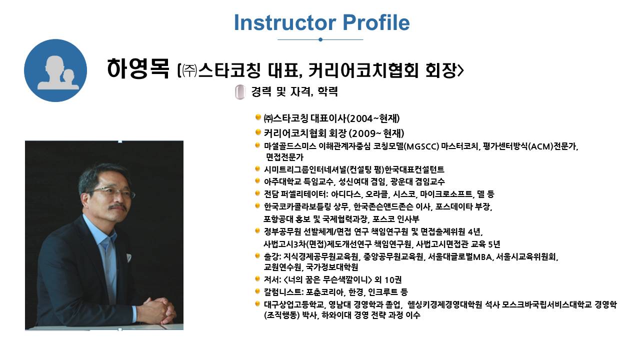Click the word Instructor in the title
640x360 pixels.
(285, 22)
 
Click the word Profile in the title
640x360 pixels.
(376, 22)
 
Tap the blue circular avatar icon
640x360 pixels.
(55, 70)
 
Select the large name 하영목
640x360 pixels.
(138, 68)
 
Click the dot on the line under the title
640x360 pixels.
(320, 39)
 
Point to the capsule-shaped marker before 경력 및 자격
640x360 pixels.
(240, 92)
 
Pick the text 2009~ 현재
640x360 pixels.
(376, 133)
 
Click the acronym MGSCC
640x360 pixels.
(422, 146)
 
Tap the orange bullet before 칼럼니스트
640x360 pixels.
(257, 291)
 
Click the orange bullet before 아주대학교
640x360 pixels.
(257, 180)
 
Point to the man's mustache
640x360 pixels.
(118, 207)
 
